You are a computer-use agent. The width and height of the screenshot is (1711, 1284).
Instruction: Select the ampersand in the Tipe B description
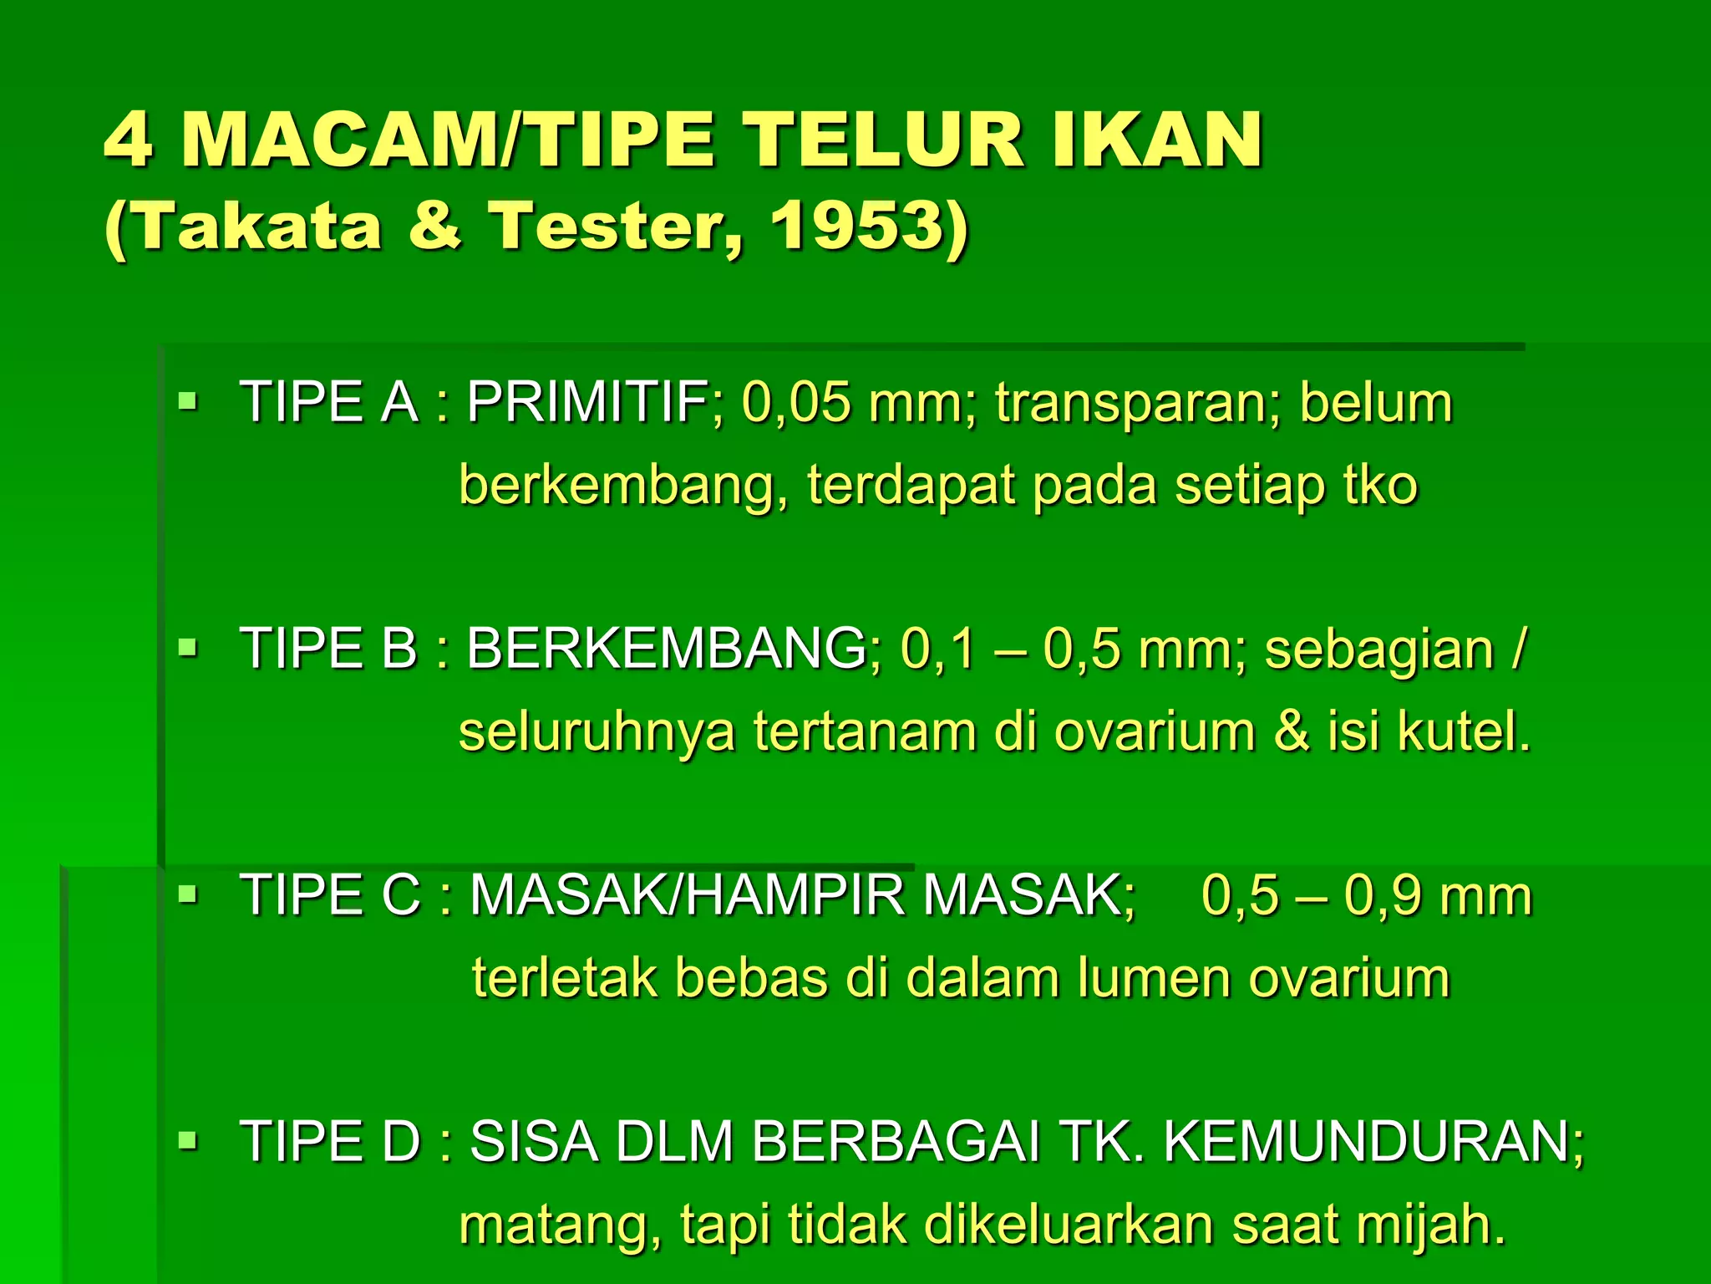tap(1292, 731)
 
